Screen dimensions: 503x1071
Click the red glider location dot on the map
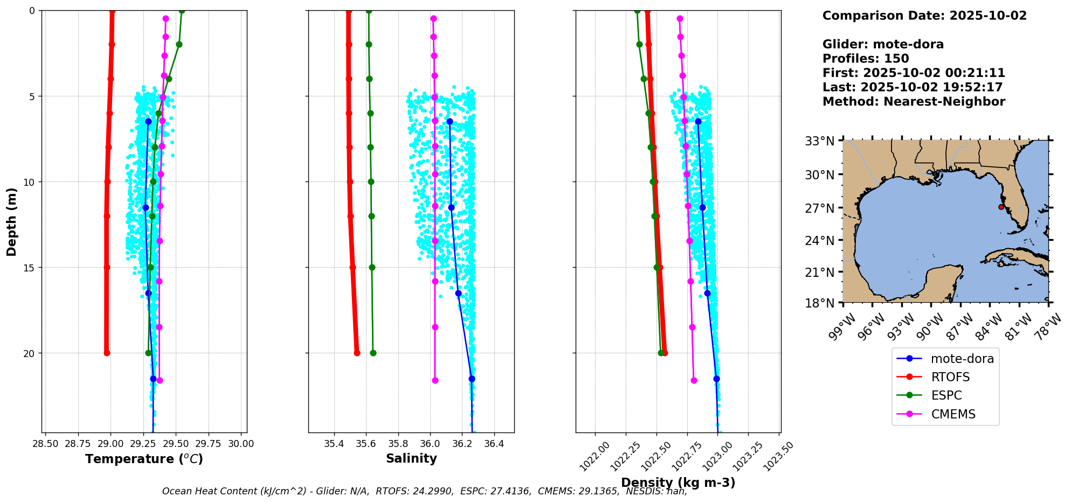tap(1001, 207)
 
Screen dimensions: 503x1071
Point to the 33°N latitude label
tap(819, 141)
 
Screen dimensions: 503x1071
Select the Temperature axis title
tap(144, 459)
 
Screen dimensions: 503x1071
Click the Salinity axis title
tap(411, 458)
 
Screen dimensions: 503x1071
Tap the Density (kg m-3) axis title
tap(678, 483)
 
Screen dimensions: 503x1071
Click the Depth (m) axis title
tap(12, 221)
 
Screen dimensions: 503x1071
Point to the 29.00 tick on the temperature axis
tap(110, 444)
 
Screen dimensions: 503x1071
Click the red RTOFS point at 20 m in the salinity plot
tap(357, 353)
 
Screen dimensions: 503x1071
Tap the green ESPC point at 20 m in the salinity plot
tap(373, 353)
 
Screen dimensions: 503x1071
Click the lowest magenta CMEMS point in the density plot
tap(694, 380)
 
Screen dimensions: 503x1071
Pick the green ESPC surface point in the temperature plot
tap(182, 11)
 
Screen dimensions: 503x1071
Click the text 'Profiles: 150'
tap(866, 59)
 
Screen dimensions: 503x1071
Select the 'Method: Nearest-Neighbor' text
tap(914, 102)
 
